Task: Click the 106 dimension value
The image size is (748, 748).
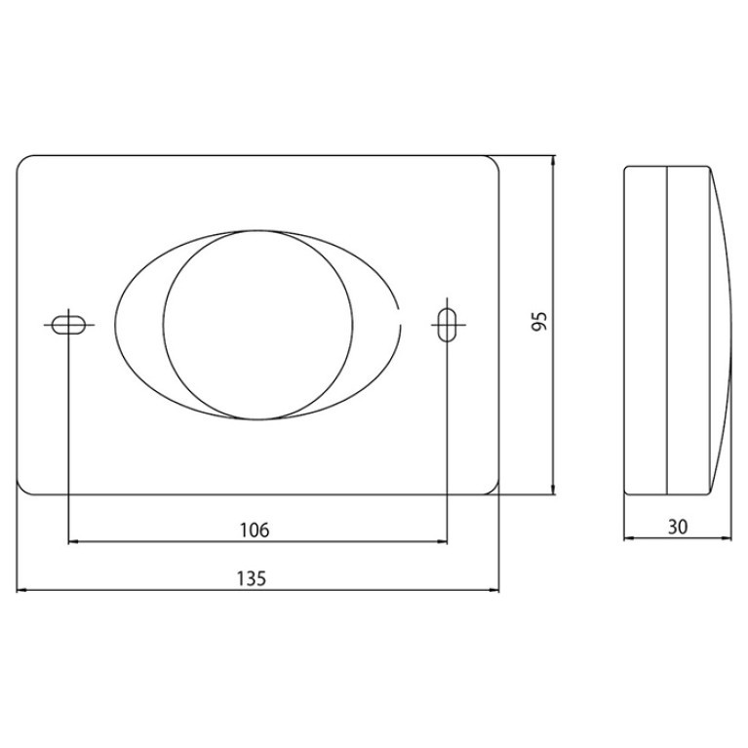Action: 255,530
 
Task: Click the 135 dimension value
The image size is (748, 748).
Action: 252,578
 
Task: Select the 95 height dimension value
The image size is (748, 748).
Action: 539,322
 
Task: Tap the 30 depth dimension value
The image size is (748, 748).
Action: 678,528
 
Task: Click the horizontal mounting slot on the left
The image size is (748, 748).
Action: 68,325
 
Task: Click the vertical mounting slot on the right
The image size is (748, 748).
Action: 447,325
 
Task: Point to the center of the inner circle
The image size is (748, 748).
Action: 257,325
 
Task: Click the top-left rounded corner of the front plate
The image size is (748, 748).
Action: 21,160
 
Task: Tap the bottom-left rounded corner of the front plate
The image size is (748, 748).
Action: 21,490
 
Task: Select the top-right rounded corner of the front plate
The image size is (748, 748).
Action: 494,160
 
